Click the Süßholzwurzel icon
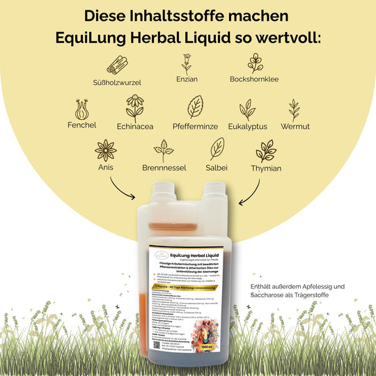[118, 65]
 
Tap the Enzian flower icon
[186, 64]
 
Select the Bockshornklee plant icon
[256, 63]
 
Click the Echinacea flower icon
[135, 109]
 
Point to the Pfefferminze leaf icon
[195, 107]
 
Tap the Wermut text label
[295, 127]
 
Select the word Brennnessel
[164, 169]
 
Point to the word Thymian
[265, 169]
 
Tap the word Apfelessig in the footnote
[325, 286]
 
